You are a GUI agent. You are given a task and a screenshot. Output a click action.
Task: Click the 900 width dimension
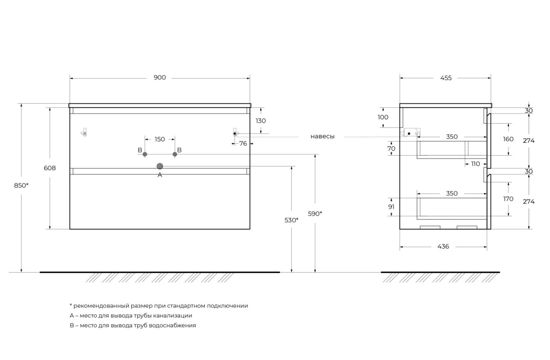(159, 77)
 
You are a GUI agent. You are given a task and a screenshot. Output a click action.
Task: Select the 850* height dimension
(21, 185)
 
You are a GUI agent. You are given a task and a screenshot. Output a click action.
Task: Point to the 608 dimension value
(50, 168)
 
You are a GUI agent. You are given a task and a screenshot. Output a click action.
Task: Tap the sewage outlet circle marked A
(160, 166)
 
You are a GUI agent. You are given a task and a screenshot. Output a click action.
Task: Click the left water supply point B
(145, 154)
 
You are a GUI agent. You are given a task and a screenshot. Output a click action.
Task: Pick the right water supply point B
(175, 154)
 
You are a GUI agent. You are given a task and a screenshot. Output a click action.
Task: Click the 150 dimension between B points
(159, 139)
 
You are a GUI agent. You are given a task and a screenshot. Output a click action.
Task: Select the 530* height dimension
(292, 220)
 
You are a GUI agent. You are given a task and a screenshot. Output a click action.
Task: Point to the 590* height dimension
(315, 213)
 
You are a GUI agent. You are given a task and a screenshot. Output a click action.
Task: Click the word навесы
(322, 137)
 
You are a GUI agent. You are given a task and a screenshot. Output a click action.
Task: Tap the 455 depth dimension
(446, 78)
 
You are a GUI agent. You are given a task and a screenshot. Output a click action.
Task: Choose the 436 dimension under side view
(444, 247)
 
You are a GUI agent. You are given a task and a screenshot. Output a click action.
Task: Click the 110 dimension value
(476, 164)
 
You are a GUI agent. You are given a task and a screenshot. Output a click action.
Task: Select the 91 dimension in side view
(391, 207)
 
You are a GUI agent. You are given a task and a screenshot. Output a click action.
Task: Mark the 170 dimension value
(508, 199)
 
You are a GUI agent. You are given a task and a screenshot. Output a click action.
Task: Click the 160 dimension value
(508, 139)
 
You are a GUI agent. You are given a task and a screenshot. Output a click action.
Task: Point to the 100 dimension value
(383, 117)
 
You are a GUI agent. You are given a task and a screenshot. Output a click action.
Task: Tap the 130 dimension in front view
(261, 121)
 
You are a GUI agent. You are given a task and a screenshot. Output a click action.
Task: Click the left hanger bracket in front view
(84, 132)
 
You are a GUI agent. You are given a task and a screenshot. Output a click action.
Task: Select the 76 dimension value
(243, 144)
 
